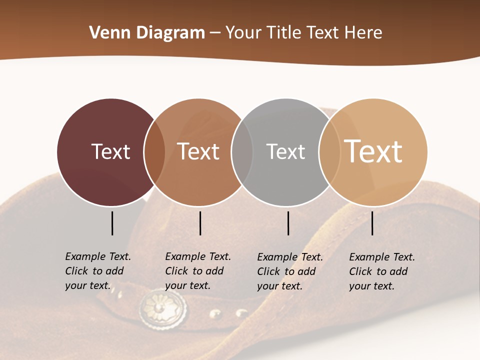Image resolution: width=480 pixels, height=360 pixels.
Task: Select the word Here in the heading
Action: tap(363, 33)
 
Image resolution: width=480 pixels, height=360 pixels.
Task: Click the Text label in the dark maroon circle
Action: tap(110, 151)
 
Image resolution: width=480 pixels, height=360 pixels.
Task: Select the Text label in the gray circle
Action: tap(285, 151)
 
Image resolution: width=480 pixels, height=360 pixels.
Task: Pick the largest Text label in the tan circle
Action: tap(373, 151)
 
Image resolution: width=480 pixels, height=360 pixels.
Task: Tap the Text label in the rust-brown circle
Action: tap(198, 151)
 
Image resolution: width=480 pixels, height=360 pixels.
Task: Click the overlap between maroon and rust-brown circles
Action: tap(154, 152)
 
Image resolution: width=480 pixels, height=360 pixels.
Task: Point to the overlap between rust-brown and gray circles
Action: tap(242, 152)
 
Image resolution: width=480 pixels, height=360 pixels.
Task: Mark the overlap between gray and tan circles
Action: tap(329, 152)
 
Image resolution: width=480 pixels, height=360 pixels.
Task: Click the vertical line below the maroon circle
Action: tap(112, 223)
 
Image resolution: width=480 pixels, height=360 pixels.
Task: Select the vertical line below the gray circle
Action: tap(288, 223)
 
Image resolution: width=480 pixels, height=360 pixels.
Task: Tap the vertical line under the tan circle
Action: tap(372, 223)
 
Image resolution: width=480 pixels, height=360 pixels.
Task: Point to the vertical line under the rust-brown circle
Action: tap(200, 223)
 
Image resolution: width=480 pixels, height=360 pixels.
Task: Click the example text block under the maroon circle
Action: tap(98, 271)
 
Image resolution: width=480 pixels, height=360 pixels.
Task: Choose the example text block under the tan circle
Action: tap(382, 271)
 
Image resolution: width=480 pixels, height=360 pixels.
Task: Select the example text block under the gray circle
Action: tap(290, 271)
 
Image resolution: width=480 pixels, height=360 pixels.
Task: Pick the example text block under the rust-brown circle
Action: tap(198, 271)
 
